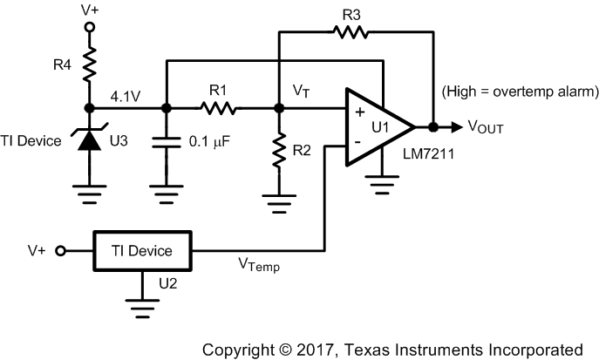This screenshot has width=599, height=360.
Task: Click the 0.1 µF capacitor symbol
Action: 166,139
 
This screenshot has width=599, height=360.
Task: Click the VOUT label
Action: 485,126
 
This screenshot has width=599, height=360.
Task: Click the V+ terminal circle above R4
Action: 89,27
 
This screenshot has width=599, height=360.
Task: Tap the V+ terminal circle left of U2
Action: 61,251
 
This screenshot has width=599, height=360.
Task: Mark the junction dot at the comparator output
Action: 432,125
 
